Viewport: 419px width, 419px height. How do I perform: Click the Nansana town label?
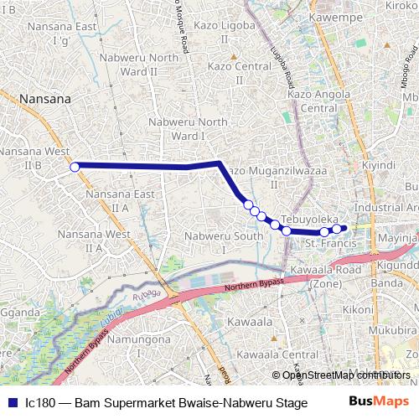point(35,98)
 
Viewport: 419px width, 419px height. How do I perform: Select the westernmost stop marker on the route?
point(74,167)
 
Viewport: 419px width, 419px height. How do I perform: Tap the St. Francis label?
point(323,243)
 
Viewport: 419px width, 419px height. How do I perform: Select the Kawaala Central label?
point(266,354)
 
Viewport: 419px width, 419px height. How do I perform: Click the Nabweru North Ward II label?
point(138,65)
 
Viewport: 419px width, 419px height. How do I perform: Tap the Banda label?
point(386,282)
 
